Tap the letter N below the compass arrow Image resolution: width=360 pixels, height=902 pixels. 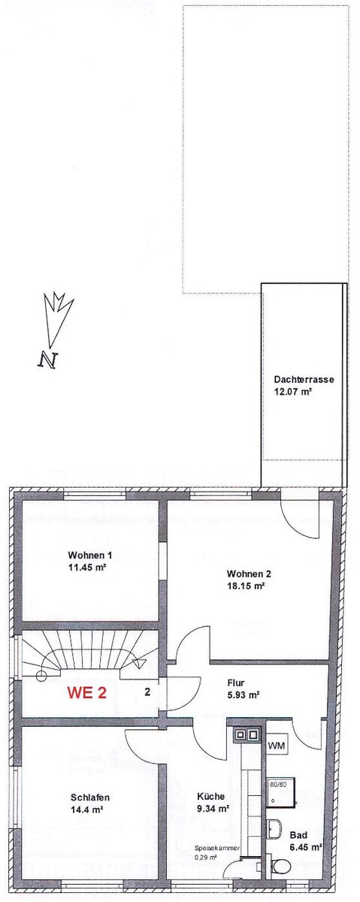[x=48, y=359]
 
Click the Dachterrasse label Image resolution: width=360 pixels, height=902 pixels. [x=304, y=380]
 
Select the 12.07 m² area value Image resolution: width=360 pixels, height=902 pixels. [x=294, y=392]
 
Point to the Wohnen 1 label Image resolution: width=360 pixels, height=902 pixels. [x=90, y=555]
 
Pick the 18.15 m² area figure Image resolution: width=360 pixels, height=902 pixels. [x=245, y=586]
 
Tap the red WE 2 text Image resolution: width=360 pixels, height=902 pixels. [x=87, y=692]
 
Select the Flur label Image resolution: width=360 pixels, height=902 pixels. [x=236, y=683]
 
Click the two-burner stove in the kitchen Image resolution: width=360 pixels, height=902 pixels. [x=247, y=734]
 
